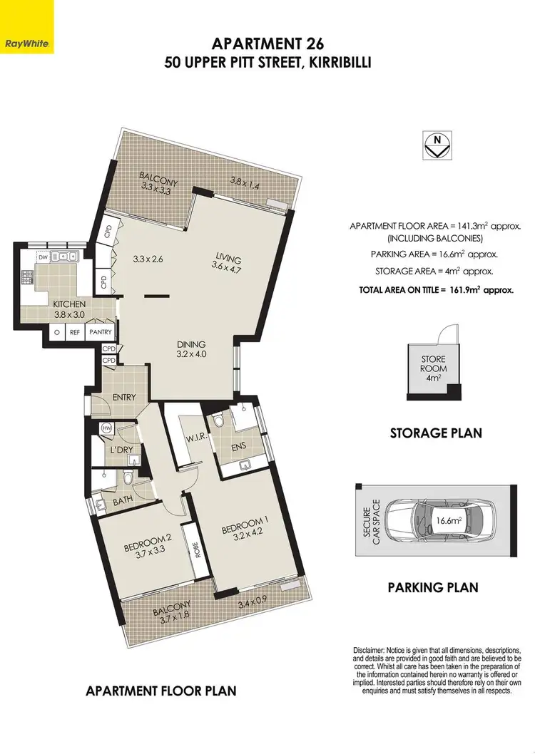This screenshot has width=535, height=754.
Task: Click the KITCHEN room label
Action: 70,305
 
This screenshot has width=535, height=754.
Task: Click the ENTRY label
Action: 124,397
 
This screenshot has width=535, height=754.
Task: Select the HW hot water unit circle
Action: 107,428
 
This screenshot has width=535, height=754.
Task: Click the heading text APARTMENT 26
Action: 268,46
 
